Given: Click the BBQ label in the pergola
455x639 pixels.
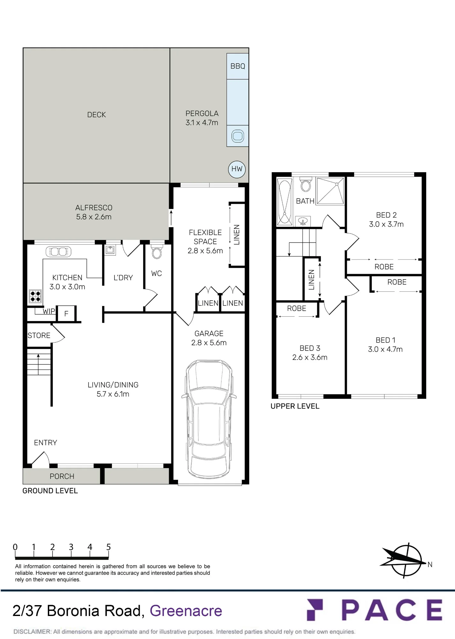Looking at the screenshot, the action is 238,66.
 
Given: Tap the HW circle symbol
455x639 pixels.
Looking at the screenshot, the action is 237,169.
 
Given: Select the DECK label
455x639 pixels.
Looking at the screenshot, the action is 96,115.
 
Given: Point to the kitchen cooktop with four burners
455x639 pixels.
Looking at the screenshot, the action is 35,296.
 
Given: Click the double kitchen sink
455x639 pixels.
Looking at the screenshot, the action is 59,252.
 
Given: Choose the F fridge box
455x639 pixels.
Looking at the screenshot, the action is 66,313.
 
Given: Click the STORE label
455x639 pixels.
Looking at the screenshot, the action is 39,335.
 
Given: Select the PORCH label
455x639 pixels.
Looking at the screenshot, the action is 62,476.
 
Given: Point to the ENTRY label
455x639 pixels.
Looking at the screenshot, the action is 46,443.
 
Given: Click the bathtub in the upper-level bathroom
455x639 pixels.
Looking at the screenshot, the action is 285,202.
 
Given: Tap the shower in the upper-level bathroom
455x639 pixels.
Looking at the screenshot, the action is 331,191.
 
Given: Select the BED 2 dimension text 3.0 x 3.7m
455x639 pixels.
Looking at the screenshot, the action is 386,224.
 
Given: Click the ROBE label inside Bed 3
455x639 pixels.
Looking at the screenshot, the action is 297,308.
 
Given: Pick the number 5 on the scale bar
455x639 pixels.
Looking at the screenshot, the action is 108,547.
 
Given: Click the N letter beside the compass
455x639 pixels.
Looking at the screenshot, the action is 430,565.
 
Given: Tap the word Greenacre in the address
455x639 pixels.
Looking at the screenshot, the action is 186,611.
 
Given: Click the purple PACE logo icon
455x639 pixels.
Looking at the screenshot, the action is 315,610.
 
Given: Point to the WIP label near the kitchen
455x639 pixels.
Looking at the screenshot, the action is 49,311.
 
